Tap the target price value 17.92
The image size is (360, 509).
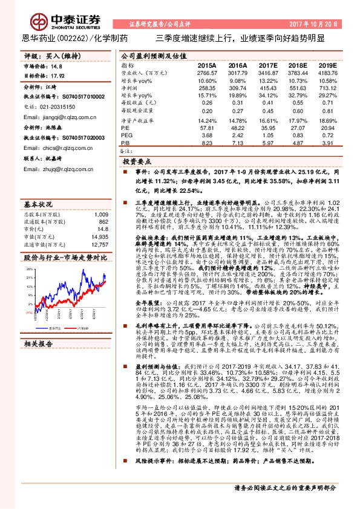coord(57,76)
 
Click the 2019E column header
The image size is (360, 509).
coord(327,65)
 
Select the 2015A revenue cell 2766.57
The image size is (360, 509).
coord(206,73)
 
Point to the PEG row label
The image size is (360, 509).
coord(126,135)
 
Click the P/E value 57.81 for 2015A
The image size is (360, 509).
coord(208,128)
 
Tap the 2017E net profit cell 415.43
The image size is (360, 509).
coord(267,88)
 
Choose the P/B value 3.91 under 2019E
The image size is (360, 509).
coord(327,143)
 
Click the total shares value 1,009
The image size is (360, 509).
coord(101,214)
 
